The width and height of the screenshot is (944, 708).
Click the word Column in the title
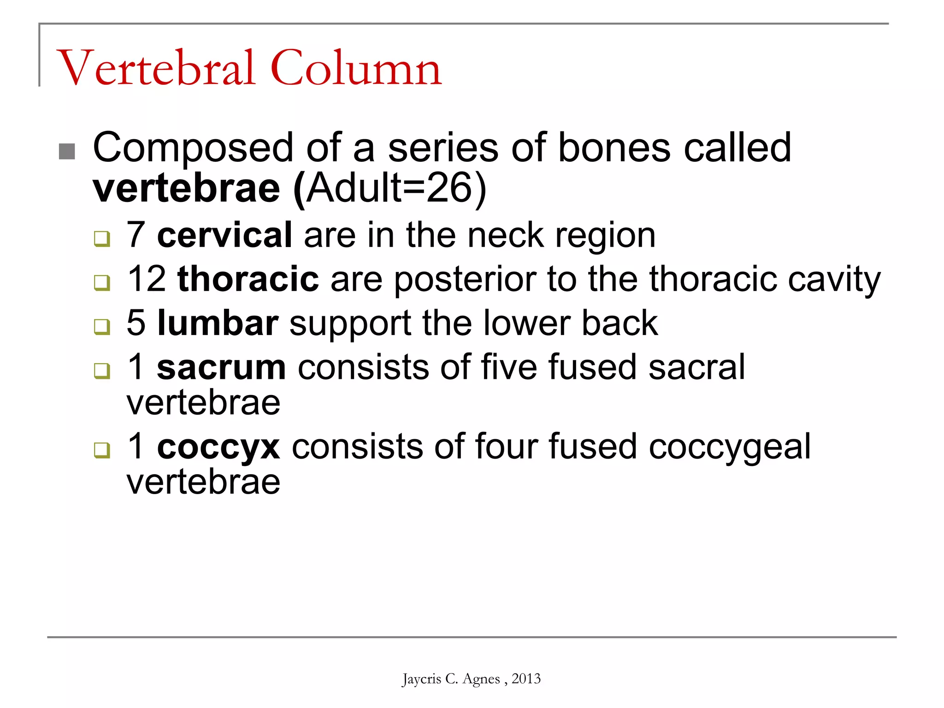tap(356, 68)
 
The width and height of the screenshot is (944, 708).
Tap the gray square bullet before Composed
tap(67, 151)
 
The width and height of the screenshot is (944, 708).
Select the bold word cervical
tap(224, 235)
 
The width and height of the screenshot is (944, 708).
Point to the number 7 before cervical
tap(136, 235)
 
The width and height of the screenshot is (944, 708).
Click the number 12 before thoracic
tap(147, 279)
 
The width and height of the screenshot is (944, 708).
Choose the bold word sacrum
tap(221, 367)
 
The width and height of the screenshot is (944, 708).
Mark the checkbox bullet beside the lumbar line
tap(102, 326)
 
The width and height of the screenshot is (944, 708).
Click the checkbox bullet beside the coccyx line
tap(102, 450)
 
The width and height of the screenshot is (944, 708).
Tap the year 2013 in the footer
tap(526, 678)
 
